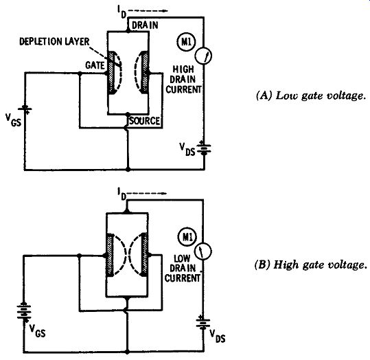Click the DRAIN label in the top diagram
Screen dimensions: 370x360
[x=145, y=25]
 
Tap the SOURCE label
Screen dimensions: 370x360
[x=144, y=121]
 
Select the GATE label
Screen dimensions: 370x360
[x=95, y=65]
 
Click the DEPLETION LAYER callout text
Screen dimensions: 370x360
[x=54, y=42]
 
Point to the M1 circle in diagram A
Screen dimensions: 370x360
[x=186, y=42]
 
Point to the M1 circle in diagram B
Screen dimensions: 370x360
[x=187, y=237]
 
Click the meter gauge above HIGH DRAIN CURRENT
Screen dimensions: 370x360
[x=203, y=56]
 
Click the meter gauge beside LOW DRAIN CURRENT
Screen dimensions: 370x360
[x=203, y=251]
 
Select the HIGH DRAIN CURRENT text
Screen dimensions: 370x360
[x=183, y=80]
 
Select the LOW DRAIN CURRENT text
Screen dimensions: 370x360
[x=183, y=269]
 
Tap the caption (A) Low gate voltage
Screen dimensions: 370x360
[x=311, y=96]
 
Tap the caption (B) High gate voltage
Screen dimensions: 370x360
[x=310, y=265]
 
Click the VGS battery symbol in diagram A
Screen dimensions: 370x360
[x=25, y=109]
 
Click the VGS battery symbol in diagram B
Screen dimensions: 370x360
[x=23, y=311]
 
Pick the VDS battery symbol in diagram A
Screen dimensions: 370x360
[x=204, y=148]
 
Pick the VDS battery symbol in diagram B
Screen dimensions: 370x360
[x=203, y=322]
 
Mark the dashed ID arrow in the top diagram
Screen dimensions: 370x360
[x=148, y=10]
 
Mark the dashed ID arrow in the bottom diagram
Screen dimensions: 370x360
[x=147, y=193]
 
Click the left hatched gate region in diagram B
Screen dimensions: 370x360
[x=110, y=255]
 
